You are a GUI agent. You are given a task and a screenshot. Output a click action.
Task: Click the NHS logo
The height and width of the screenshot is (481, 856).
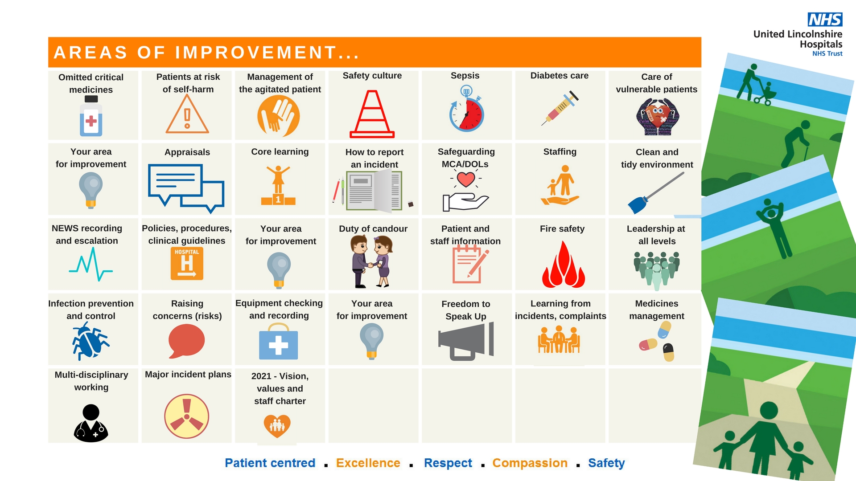coord(825,20)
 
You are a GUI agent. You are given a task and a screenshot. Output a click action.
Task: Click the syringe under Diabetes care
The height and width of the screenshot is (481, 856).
coord(560,108)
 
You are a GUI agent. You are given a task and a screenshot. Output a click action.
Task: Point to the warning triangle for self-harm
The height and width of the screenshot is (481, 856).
coord(187,114)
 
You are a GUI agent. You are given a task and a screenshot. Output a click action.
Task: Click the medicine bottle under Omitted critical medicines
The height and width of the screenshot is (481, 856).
coord(91,116)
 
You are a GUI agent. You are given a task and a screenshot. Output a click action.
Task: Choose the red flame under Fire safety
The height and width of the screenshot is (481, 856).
coord(564,265)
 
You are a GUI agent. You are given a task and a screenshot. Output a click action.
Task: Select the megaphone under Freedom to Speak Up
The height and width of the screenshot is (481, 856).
coord(466,341)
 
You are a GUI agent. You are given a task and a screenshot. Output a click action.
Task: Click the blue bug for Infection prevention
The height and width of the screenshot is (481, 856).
coord(91,342)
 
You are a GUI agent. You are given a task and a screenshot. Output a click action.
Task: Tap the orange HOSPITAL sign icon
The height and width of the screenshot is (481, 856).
coord(187,264)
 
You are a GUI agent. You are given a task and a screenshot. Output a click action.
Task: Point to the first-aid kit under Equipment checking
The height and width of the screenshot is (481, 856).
coord(279,342)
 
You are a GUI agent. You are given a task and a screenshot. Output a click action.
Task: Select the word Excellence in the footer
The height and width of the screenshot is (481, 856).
coord(368,463)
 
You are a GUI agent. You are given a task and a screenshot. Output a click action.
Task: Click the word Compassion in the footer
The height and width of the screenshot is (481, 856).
coord(530,463)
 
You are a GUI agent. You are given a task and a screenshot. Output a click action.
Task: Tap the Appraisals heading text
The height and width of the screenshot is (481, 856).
coord(187,152)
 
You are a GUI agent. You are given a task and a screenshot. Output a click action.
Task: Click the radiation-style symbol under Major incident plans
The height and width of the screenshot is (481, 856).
coord(187,416)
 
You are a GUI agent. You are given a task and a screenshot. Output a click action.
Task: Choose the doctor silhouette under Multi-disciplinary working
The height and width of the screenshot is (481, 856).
coord(91,423)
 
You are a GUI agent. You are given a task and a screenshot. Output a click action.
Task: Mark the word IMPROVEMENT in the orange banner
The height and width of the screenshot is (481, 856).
coord(256,53)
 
